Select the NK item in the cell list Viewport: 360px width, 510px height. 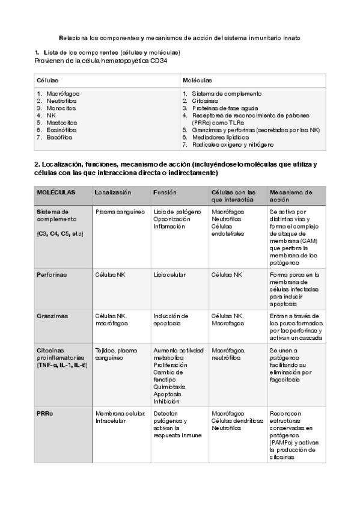tap(50, 115)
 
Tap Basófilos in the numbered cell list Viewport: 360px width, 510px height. tap(59, 137)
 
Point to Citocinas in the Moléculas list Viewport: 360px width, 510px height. tap(204, 101)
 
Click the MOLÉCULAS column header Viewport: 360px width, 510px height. tap(56, 192)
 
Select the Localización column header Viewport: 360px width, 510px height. tap(112, 192)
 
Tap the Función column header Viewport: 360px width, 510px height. tap(165, 192)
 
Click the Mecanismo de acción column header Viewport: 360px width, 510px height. tap(291, 195)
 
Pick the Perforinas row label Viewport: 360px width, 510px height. tap(51, 274)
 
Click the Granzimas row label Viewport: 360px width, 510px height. tap(51, 315)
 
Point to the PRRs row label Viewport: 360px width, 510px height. tap(45, 413)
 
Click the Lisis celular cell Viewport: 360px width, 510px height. tap(169, 274)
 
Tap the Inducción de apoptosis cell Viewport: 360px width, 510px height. tap(171, 319)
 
